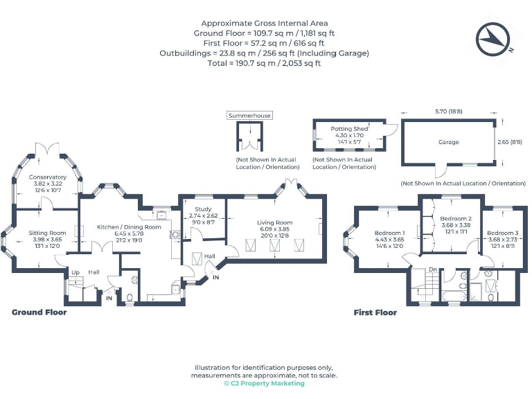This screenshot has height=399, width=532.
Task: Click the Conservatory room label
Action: (48, 177)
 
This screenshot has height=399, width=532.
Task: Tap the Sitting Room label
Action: (48, 233)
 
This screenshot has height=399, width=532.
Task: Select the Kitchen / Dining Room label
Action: (129, 227)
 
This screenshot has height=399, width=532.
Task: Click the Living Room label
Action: (275, 223)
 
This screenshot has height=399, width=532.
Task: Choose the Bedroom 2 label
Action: (456, 218)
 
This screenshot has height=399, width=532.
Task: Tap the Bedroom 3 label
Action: (501, 233)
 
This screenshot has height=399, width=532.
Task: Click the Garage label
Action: (448, 141)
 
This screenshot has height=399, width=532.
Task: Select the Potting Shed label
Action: (349, 129)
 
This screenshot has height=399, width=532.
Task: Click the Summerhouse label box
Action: (250, 116)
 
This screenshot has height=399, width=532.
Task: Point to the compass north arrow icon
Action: (493, 38)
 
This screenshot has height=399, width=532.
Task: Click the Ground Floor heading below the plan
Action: (39, 312)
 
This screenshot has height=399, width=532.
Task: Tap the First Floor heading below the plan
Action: (375, 312)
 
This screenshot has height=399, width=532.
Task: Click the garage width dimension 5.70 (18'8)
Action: (449, 111)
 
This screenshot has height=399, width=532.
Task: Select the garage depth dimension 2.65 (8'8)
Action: (513, 141)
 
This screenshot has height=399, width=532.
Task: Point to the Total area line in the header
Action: (265, 63)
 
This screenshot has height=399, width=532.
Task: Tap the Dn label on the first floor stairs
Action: (432, 269)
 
